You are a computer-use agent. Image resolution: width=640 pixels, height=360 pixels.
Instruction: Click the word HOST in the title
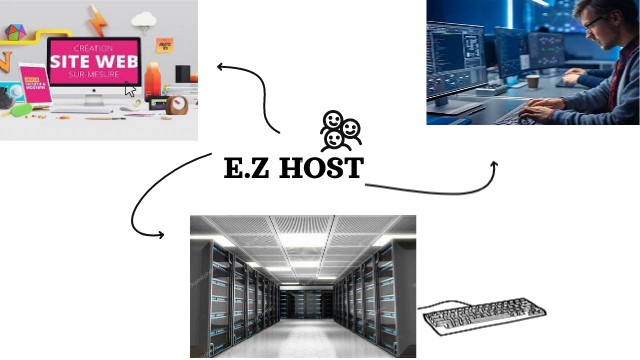coord(320,168)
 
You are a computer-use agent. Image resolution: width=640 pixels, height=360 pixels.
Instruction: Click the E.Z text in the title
coord(248,168)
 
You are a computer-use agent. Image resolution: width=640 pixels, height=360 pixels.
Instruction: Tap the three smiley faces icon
coord(340,130)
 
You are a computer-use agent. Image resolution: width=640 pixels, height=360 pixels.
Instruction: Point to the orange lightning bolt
coord(96,20)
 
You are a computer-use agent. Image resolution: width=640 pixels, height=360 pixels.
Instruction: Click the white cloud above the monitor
coord(144,19)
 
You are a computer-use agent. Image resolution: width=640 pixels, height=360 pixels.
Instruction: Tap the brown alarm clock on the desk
coord(177,104)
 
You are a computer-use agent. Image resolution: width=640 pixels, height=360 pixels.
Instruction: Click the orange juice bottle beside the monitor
coord(152,79)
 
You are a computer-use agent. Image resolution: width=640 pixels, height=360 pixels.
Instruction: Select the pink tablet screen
coord(33,85)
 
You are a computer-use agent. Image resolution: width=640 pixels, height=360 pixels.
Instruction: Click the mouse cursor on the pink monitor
coord(130,89)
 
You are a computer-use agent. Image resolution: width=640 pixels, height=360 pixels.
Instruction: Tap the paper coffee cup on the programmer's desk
coord(533,81)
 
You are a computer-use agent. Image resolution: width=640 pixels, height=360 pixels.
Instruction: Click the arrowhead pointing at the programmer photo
coord(493,164)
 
